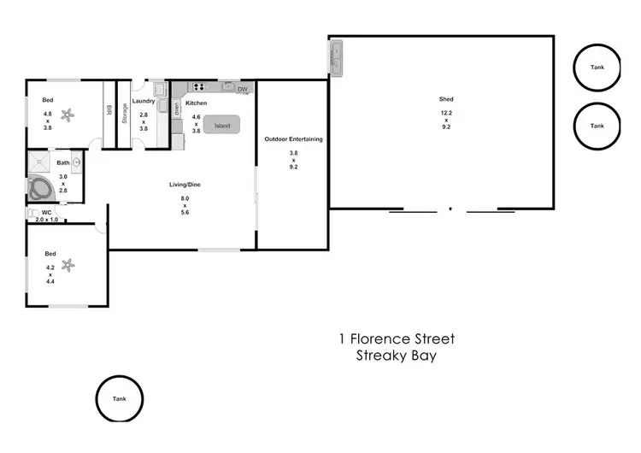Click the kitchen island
click(222, 126)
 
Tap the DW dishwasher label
click(242, 89)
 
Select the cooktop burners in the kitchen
click(200, 86)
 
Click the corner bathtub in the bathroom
click(40, 189)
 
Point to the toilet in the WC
click(34, 213)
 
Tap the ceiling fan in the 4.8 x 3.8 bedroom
click(69, 114)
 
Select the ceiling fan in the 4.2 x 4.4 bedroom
click(69, 266)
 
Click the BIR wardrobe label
click(109, 111)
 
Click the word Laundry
click(144, 101)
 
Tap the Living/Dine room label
click(184, 185)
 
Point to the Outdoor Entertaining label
click(293, 138)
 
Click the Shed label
click(446, 99)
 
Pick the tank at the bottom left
click(118, 398)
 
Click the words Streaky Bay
click(396, 356)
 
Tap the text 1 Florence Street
click(396, 338)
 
